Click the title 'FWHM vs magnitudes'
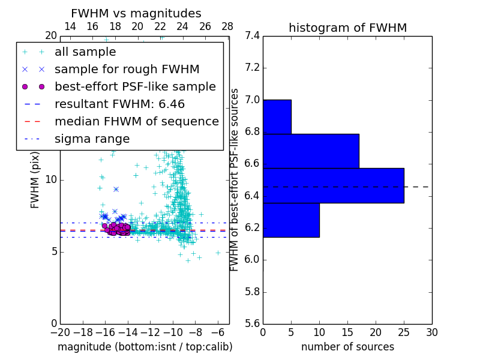[x=136, y=13]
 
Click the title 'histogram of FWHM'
[x=347, y=28]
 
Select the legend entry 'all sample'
[x=85, y=52]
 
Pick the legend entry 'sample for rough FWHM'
[x=127, y=69]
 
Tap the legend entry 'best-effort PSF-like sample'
[x=135, y=86]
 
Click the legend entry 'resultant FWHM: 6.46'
[x=123, y=104]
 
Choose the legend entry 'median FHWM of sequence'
[x=136, y=121]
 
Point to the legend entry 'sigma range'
[x=92, y=139]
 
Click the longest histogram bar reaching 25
[x=333, y=185]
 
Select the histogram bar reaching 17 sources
[x=311, y=151]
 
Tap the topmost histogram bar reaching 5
[x=277, y=116]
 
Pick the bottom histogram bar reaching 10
[x=291, y=220]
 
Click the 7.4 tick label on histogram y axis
[x=251, y=36]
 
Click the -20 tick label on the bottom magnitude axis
[x=60, y=332]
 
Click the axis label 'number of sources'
[x=347, y=347]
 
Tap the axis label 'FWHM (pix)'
[x=35, y=180]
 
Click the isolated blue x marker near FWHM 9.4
[x=116, y=189]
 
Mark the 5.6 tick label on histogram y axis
[x=251, y=324]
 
